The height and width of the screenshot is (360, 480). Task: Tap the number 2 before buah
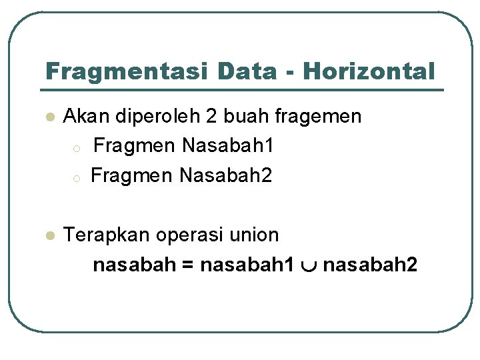pos(211,117)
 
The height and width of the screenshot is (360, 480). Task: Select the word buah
pos(244,117)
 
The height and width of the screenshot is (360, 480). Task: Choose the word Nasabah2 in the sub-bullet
pos(227,176)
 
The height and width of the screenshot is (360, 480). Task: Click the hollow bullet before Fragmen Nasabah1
pos(77,148)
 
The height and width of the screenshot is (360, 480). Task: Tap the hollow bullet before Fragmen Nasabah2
pos(77,178)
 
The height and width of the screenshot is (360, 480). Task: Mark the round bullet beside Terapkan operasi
pos(49,236)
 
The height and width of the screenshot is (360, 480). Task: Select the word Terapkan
pos(107,235)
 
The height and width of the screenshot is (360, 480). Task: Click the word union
pos(254,235)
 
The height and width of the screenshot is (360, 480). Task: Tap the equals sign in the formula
pos(187,266)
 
